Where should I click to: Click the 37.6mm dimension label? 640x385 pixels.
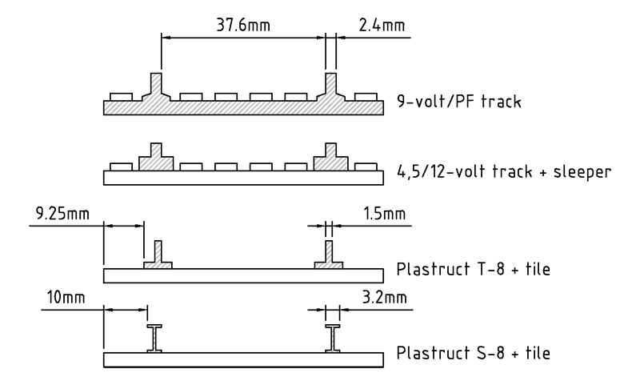pos(243,26)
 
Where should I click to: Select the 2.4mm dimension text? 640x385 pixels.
pos(382,26)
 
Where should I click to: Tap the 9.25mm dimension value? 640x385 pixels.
pos(62,214)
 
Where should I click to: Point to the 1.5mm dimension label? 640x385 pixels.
pos(384,214)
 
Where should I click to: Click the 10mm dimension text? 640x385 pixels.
pos(66,297)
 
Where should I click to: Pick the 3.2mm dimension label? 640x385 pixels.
pos(384,297)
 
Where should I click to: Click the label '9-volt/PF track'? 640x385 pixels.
pos(459,101)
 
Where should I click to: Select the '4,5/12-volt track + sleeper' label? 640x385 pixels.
pos(504,171)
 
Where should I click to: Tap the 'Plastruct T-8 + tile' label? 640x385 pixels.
pos(474,270)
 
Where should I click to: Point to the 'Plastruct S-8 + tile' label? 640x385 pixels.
pos(474,353)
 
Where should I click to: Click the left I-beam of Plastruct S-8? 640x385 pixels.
pos(154,339)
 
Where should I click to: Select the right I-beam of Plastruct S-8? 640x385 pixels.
pos(333,339)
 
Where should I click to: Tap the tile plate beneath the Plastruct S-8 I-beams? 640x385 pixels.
pos(243,360)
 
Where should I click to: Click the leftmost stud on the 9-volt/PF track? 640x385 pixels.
pos(122,97)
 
